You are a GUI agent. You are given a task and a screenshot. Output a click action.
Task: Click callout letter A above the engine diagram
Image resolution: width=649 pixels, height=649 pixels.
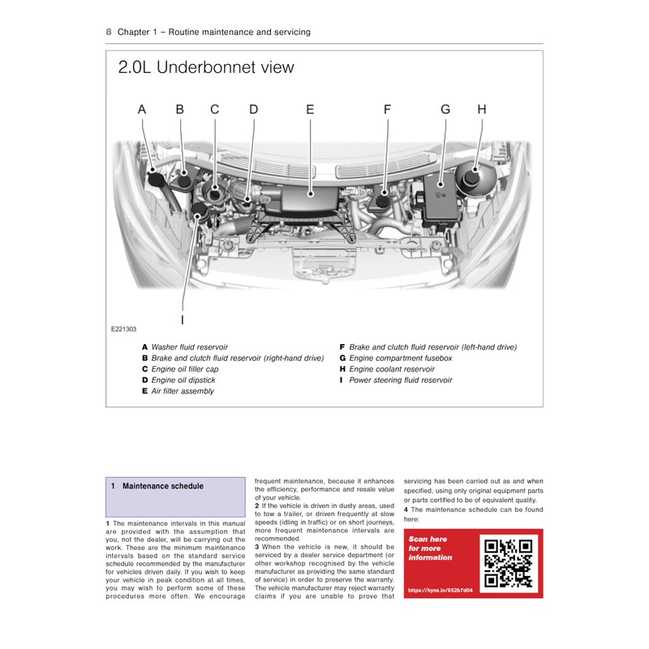[x=142, y=109]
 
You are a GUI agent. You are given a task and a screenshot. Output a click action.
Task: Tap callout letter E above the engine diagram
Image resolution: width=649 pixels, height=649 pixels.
[x=310, y=109]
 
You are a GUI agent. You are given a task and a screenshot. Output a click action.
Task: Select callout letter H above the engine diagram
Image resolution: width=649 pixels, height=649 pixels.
[x=481, y=109]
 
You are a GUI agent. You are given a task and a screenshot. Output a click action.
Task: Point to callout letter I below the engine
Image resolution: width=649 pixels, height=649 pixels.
[x=183, y=307]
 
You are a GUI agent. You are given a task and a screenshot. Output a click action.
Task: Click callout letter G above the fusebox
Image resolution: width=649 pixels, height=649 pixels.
[x=445, y=109]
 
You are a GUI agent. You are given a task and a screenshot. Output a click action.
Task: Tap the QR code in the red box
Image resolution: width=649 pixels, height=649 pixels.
[x=507, y=562]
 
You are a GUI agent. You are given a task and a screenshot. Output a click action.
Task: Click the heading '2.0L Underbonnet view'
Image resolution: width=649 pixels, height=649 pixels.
[x=206, y=67]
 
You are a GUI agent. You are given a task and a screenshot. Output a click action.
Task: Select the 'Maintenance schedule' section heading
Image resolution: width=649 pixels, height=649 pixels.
[x=162, y=487]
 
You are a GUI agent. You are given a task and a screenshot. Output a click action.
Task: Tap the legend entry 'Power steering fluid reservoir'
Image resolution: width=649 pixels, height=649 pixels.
[x=400, y=380]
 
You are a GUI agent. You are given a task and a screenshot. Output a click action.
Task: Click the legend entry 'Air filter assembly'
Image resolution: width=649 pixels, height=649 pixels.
[x=183, y=391]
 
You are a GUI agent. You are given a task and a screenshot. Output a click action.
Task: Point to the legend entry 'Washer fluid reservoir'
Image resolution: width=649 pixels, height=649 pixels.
[x=189, y=346]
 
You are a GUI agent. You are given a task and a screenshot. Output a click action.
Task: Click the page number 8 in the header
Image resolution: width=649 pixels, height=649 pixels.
[x=109, y=32]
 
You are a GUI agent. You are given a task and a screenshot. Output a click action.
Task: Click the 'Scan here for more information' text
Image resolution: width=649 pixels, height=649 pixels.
[x=431, y=548]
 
